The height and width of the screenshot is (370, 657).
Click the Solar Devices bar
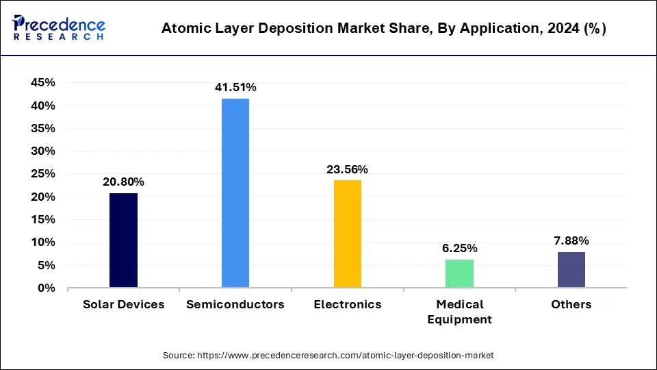(x=123, y=241)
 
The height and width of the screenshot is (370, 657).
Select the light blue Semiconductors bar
(x=235, y=193)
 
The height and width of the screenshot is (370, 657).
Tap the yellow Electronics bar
(x=348, y=234)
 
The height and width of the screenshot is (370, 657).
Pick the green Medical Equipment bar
(x=459, y=273)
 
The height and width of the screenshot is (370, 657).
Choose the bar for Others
(x=571, y=270)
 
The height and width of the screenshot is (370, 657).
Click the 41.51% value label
(x=235, y=87)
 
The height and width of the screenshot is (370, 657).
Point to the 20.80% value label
(x=123, y=182)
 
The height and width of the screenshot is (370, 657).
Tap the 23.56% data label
(x=348, y=169)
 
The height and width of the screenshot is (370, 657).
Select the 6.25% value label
(x=459, y=248)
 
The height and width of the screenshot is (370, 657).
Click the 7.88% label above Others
(x=571, y=241)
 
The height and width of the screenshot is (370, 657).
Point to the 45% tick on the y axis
(x=43, y=83)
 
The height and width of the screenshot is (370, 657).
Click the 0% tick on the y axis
(x=47, y=288)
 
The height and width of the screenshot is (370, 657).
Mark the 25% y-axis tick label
(x=43, y=174)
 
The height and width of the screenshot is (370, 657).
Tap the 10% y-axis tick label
(x=43, y=243)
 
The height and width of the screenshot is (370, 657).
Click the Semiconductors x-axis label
(x=235, y=304)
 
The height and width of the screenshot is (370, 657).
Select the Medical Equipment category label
(x=459, y=312)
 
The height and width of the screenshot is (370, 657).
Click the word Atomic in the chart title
(x=183, y=29)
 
